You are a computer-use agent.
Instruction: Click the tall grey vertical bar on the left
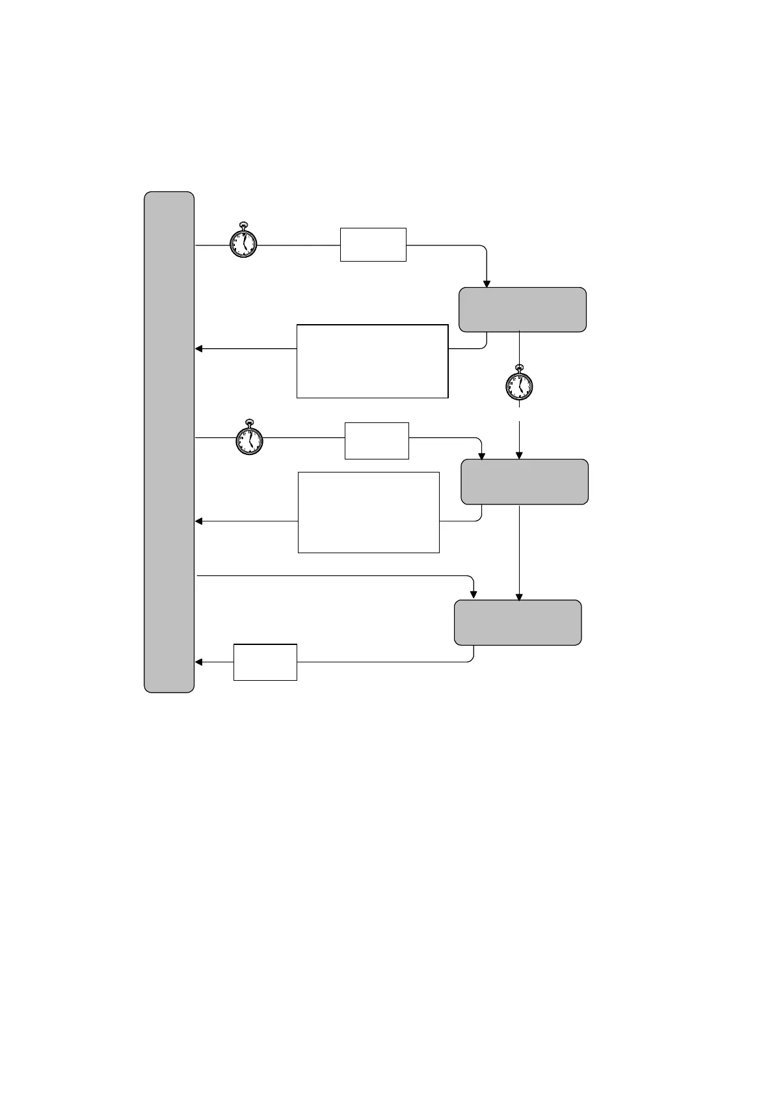coord(169,442)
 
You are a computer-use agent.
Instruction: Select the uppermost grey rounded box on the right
coord(522,309)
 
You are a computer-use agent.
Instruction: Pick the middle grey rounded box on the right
coord(524,482)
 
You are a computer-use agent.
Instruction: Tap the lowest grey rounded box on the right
coord(517,622)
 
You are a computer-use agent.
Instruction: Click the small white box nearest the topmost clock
coord(373,245)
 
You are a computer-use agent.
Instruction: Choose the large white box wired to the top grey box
coord(372,361)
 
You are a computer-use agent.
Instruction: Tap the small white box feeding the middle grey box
coord(377,441)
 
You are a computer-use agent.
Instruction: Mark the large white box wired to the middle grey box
coord(368,513)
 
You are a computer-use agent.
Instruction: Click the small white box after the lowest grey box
coord(265,663)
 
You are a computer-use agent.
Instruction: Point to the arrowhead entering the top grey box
coord(487,284)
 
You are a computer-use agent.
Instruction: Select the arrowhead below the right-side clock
coord(519,456)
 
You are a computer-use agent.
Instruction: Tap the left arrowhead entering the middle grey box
coord(481,456)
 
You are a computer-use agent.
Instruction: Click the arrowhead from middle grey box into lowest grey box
coord(519,596)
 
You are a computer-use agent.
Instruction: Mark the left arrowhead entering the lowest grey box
coord(474,594)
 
